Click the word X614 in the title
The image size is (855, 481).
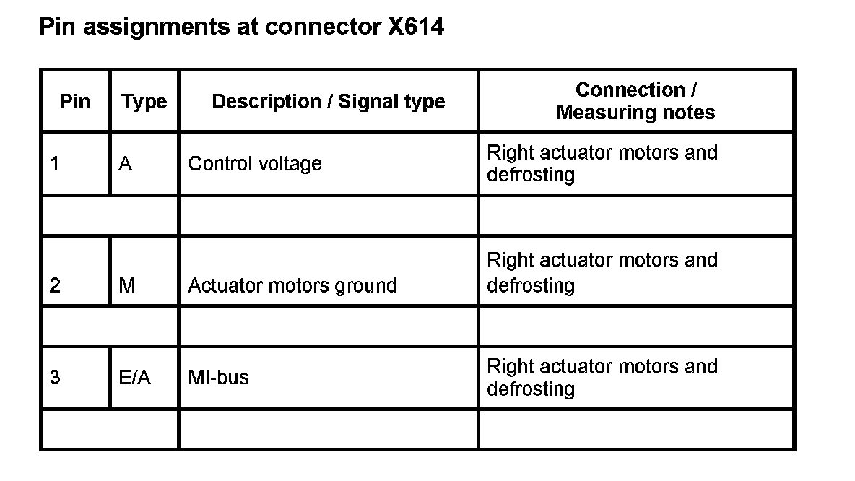point(411,27)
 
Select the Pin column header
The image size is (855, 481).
point(75,101)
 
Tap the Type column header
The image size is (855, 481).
point(144,102)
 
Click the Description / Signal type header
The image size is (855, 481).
point(328,102)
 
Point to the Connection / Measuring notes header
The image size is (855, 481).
point(635,101)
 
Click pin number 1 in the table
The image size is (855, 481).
point(55,164)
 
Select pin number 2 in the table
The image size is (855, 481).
point(55,285)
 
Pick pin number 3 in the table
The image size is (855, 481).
point(55,378)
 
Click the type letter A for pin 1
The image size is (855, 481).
point(125,164)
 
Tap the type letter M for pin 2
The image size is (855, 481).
point(126,285)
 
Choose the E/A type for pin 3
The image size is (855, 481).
point(134,378)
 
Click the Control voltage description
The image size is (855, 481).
point(255,164)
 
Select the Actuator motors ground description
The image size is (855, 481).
point(292,286)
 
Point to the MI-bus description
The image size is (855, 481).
point(218,378)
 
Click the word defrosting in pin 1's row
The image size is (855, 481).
point(531,175)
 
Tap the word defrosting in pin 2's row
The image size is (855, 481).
point(531,286)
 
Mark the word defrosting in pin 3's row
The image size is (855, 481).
point(531,389)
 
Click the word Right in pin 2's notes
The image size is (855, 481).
point(510,260)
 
